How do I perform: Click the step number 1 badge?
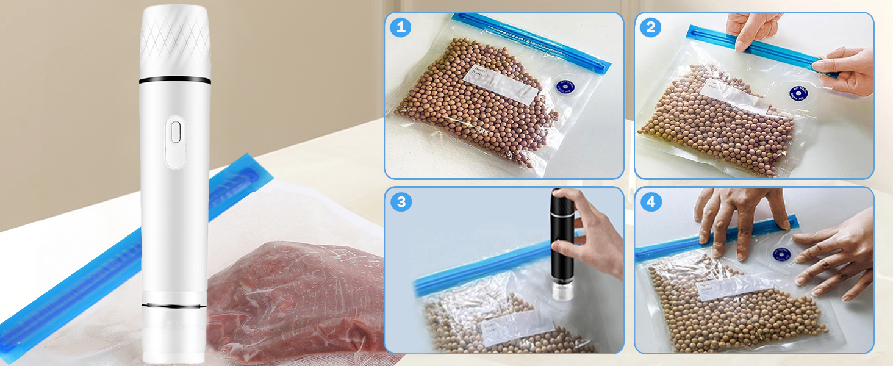[x=401, y=27]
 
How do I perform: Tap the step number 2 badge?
[x=651, y=27]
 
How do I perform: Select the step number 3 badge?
[x=401, y=202]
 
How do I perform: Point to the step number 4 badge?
[x=651, y=202]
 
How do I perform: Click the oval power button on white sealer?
[x=176, y=132]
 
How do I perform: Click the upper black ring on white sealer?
[x=175, y=80]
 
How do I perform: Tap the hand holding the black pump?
[x=595, y=235]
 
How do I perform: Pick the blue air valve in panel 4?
[x=783, y=253]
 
